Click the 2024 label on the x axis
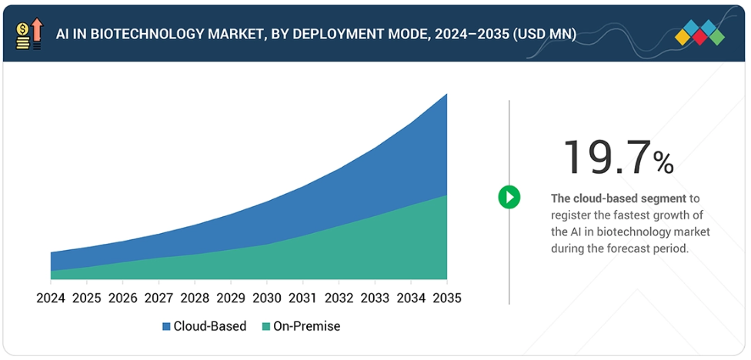[x=51, y=298]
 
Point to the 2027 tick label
[x=159, y=298]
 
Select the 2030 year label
[x=267, y=298]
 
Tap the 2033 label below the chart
[x=375, y=298]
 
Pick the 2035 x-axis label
[x=446, y=298]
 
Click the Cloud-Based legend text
[x=209, y=326]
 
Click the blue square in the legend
[x=166, y=327]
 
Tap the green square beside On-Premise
[x=266, y=327]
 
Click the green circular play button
[x=509, y=197]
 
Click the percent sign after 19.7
[x=663, y=162]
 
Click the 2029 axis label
[x=231, y=298]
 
